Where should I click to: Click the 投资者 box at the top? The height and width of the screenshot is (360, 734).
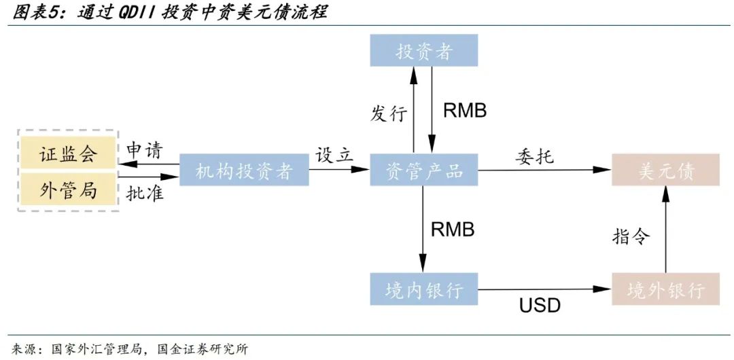[x=424, y=51]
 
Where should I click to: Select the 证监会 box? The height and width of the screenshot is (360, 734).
[x=68, y=153]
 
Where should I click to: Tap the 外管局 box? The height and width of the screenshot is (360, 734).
[x=68, y=189]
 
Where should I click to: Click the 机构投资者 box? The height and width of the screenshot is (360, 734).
[x=244, y=170]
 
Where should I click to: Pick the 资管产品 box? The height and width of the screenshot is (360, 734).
[x=424, y=170]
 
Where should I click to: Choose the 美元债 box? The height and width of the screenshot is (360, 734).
[x=665, y=170]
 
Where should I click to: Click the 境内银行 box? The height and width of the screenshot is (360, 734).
[x=424, y=289]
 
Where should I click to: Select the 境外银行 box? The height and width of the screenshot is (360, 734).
[x=665, y=289]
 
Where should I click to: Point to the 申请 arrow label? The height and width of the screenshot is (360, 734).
[x=145, y=150]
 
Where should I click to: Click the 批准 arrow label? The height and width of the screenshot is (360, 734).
[x=145, y=192]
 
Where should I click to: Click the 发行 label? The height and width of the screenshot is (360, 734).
[x=389, y=113]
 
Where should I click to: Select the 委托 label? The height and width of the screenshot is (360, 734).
[x=534, y=156]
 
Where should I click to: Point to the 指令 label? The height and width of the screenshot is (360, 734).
[x=631, y=236]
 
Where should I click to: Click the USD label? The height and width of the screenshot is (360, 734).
[x=540, y=306]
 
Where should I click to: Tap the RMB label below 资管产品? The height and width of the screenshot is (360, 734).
[x=453, y=229]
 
